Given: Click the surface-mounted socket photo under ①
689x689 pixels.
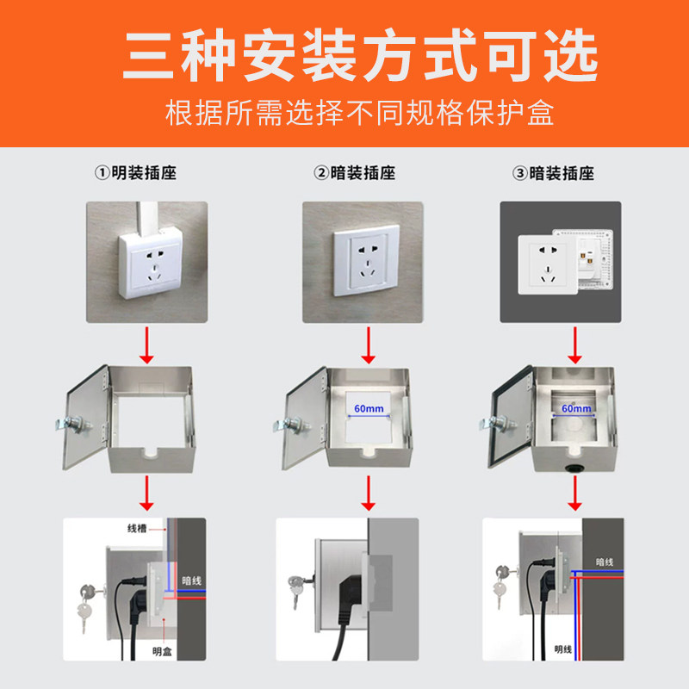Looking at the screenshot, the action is click(x=146, y=262).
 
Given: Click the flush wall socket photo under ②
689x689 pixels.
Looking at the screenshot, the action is click(x=362, y=262).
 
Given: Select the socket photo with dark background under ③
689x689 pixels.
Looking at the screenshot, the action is click(x=561, y=262).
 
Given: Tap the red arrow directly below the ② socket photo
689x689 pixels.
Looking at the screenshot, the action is click(x=369, y=344).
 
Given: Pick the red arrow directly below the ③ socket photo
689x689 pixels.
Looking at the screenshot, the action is click(x=574, y=344).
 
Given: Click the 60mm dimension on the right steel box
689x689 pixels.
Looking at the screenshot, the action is click(x=574, y=407).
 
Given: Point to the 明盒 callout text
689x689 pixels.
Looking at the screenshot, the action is click(x=161, y=652).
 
